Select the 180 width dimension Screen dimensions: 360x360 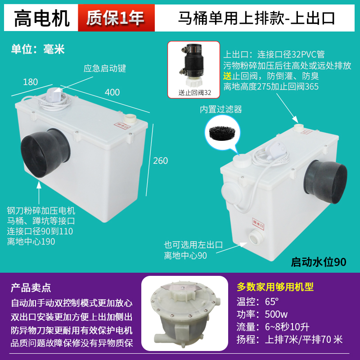[30, 82]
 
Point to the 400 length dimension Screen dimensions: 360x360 [112, 92]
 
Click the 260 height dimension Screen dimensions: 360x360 [161, 160]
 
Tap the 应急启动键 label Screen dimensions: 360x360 [105, 69]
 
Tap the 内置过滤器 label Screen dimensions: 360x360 [221, 109]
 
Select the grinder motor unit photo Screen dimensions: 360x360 [187, 315]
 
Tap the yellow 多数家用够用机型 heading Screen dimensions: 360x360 [275, 287]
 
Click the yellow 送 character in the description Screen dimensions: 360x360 [228, 76]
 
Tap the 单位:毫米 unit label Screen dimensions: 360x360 [38, 49]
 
